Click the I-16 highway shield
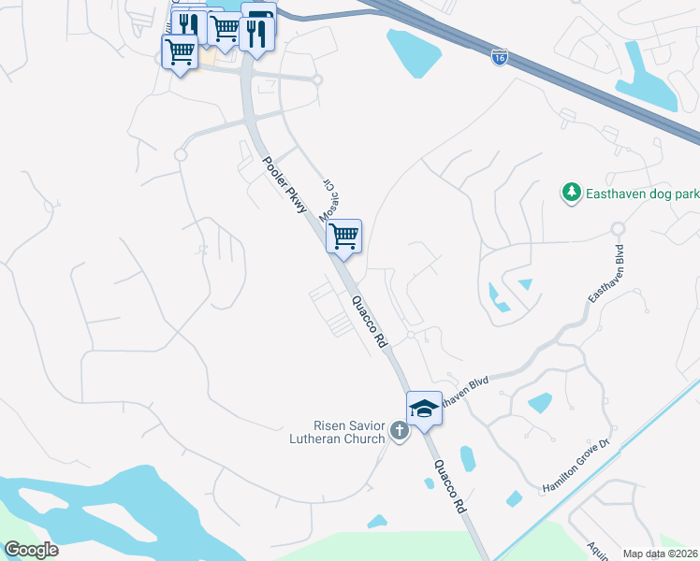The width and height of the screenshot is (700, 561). [500, 58]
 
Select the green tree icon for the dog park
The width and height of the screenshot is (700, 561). [570, 193]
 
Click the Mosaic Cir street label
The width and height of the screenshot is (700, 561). [330, 198]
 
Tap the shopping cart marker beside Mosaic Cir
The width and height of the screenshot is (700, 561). [343, 236]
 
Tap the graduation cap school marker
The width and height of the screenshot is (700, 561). [424, 408]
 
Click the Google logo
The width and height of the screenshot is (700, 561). [31, 550]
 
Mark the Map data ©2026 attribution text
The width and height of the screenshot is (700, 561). [660, 554]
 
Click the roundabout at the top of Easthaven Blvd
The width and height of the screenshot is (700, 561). [617, 228]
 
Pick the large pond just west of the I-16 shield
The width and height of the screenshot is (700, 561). [415, 54]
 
